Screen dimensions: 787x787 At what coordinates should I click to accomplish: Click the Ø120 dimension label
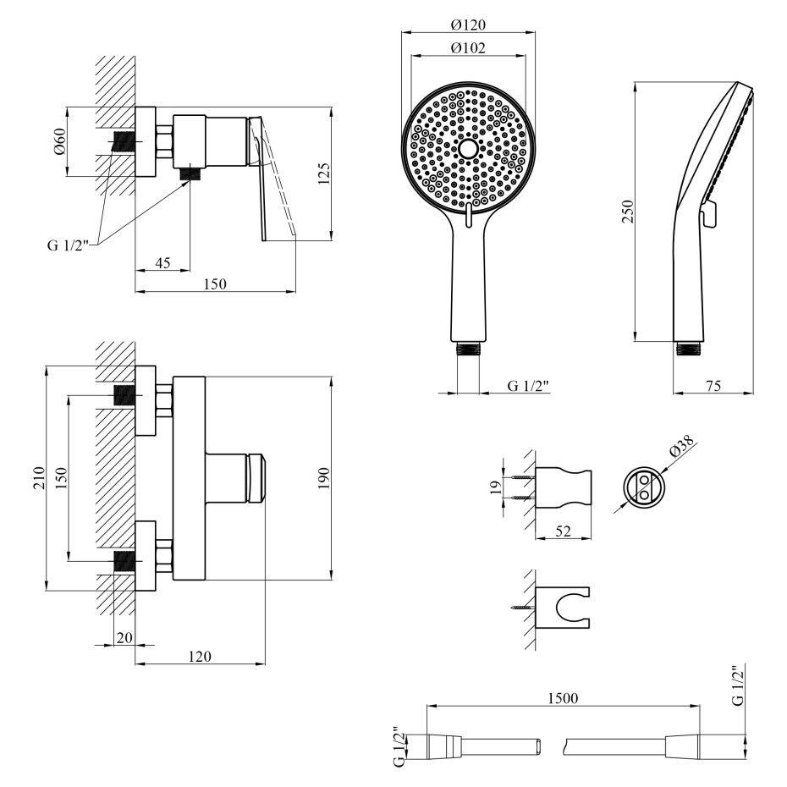pyautogui.click(x=468, y=25)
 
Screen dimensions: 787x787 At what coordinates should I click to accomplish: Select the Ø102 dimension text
pyautogui.click(x=468, y=48)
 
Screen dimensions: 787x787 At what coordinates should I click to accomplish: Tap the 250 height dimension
pyautogui.click(x=627, y=212)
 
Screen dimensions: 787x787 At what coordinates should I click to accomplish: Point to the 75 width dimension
pyautogui.click(x=713, y=385)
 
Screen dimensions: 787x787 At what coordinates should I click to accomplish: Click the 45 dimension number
pyautogui.click(x=163, y=262)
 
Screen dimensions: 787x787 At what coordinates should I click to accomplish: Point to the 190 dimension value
pyautogui.click(x=324, y=476)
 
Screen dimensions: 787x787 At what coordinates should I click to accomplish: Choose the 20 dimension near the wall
pyautogui.click(x=124, y=637)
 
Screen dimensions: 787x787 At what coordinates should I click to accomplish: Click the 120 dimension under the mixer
pyautogui.click(x=200, y=657)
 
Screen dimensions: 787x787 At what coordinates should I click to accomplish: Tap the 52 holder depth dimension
pyautogui.click(x=563, y=531)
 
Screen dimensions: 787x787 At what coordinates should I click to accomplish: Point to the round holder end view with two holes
pyautogui.click(x=641, y=485)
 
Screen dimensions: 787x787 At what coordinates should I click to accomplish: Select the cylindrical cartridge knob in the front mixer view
pyautogui.click(x=256, y=477)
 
